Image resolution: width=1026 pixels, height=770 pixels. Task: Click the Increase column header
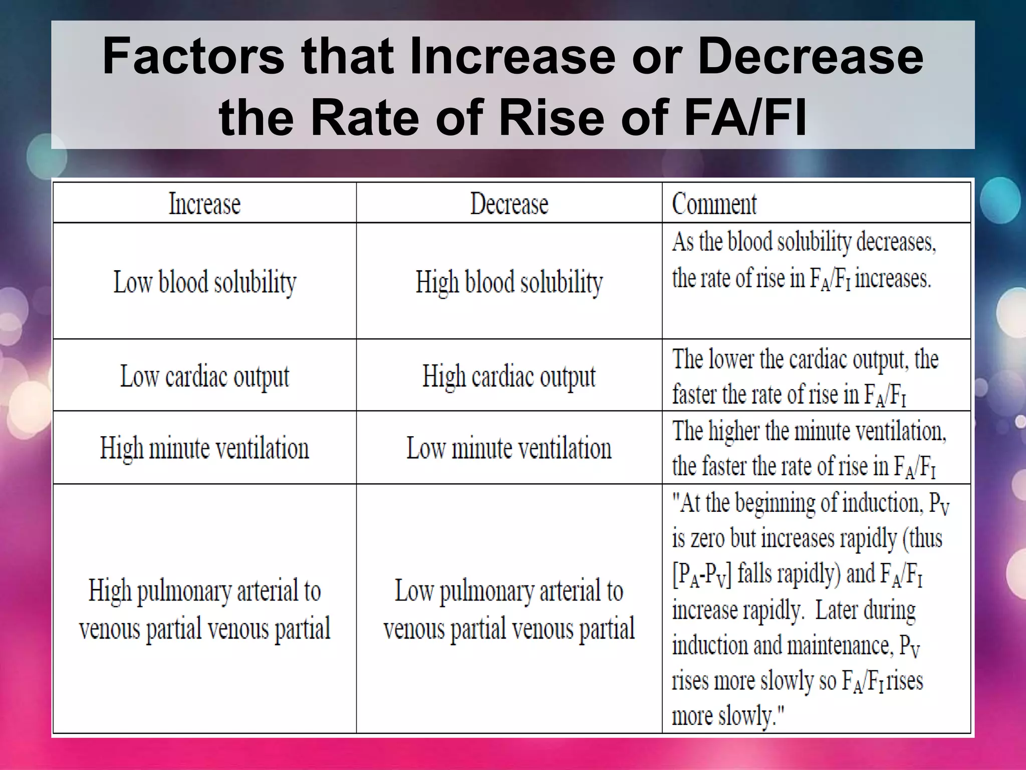tap(204, 204)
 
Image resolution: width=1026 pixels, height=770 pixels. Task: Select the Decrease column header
tap(509, 204)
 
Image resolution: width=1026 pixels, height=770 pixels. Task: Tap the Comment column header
tap(714, 204)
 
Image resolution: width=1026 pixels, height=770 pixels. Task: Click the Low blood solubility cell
tap(204, 282)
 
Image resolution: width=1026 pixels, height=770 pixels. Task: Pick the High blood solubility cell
tap(509, 282)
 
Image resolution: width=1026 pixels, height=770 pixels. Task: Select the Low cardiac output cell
tap(204, 376)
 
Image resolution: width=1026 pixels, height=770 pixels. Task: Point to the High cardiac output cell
tap(509, 376)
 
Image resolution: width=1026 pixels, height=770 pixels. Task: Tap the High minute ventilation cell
tap(204, 448)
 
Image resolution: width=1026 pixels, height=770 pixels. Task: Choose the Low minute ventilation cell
tap(509, 448)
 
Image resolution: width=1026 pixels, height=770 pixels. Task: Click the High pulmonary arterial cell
tap(204, 609)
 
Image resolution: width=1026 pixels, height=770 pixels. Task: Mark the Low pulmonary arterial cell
tap(509, 609)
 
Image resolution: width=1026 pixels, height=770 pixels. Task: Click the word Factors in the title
tap(193, 56)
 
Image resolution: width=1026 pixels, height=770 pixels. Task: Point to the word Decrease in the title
tap(810, 56)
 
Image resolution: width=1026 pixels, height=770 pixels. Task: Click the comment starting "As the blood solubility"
tap(803, 260)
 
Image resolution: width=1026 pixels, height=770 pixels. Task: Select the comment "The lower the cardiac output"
tap(805, 376)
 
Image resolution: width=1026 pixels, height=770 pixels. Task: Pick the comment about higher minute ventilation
tap(808, 448)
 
